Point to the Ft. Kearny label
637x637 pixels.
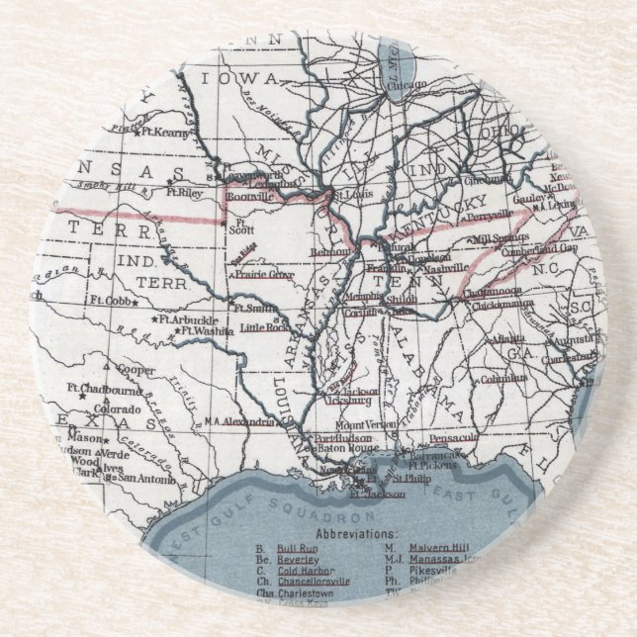pos(164,131)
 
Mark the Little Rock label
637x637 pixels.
pos(263,327)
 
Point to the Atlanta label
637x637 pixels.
pos(514,337)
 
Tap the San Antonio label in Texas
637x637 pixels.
pos(142,477)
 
